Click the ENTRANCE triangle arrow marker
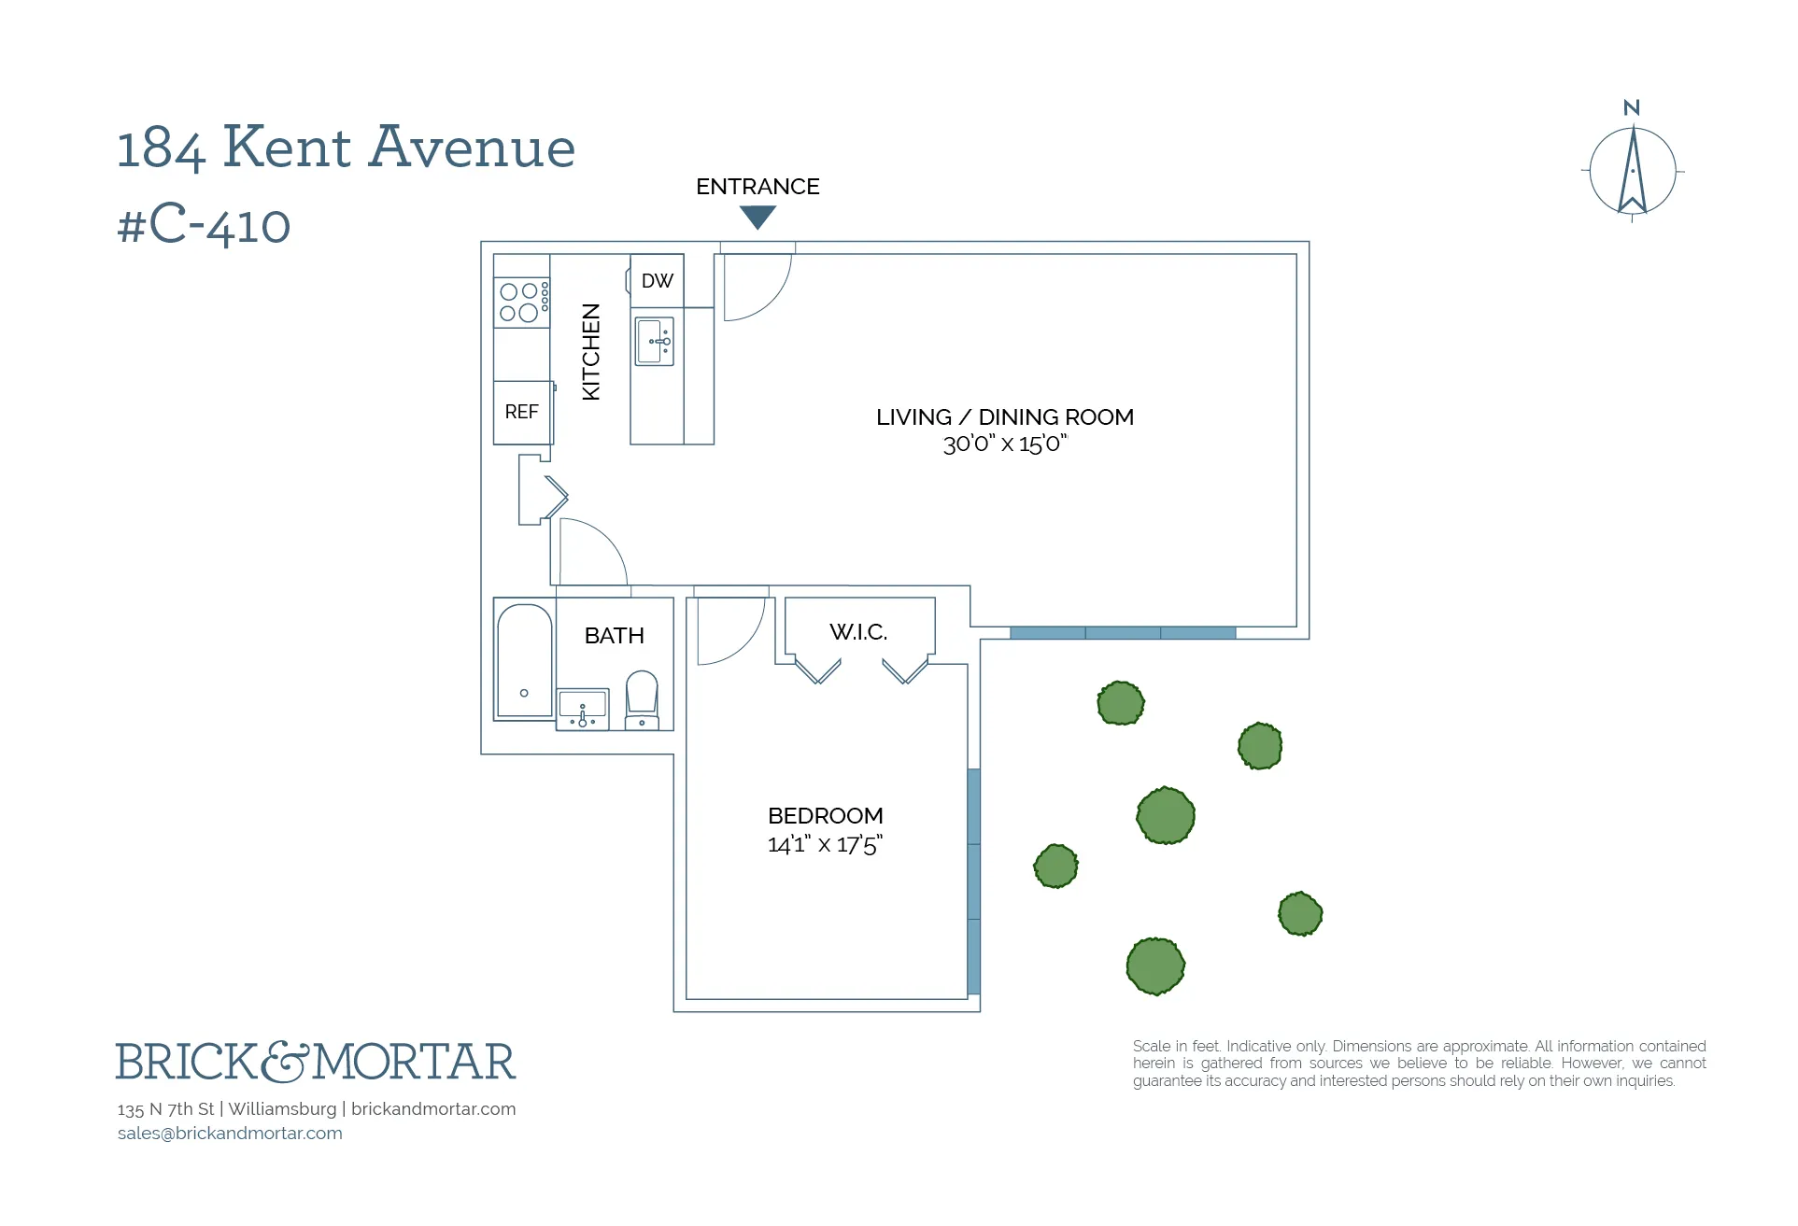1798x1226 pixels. (757, 217)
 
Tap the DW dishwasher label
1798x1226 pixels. (657, 281)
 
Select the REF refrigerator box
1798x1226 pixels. (522, 412)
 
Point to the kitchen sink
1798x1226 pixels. (654, 342)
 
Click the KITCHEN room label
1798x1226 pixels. (591, 352)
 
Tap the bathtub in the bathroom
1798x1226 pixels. (524, 661)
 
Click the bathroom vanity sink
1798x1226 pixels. (583, 708)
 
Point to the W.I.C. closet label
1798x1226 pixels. (858, 632)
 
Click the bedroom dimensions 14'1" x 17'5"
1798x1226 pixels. (825, 845)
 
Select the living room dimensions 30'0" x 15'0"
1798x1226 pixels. (1004, 444)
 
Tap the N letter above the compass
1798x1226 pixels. (1632, 108)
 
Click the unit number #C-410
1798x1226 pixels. (204, 225)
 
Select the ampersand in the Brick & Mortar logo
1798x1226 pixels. (284, 1063)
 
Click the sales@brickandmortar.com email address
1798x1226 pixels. (230, 1134)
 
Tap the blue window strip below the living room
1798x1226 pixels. (1123, 633)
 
